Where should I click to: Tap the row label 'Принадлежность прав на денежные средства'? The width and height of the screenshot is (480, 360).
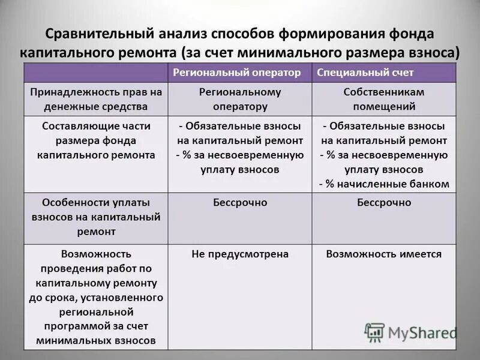coord(96,100)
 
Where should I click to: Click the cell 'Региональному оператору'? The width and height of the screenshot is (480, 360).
coord(240,100)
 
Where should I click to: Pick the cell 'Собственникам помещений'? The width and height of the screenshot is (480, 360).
coord(384,100)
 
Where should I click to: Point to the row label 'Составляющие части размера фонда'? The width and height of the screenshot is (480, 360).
coord(96,140)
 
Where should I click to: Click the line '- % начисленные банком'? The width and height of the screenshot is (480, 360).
coord(384,184)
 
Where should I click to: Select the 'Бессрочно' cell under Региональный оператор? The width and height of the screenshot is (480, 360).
coord(240,203)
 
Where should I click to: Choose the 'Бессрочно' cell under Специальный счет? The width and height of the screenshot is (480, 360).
coord(384,203)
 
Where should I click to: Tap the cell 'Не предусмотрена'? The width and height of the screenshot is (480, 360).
coord(240,254)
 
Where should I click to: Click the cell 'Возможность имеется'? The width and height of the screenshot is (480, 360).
coord(384,254)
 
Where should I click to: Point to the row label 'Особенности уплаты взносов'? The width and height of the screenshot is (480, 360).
coord(96,217)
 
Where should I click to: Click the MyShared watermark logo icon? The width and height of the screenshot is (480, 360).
coord(375,332)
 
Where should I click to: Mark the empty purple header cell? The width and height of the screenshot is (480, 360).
coord(96,73)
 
